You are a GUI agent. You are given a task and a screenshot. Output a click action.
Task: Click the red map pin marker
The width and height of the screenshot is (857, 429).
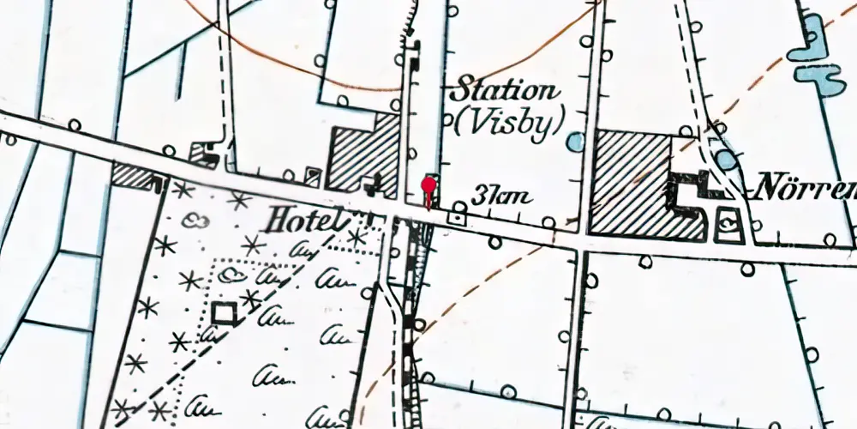[428, 187]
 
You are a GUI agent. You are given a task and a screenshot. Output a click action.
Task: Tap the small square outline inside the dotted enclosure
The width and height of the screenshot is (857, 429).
[225, 313]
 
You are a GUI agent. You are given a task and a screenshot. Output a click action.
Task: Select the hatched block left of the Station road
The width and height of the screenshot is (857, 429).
[365, 154]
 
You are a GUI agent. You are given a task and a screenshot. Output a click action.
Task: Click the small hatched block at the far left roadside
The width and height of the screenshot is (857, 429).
[134, 175]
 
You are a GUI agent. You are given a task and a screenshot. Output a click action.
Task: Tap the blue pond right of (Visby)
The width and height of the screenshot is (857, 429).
[576, 142]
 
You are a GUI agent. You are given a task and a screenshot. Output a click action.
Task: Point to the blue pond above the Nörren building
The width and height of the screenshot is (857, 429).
[726, 159]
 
